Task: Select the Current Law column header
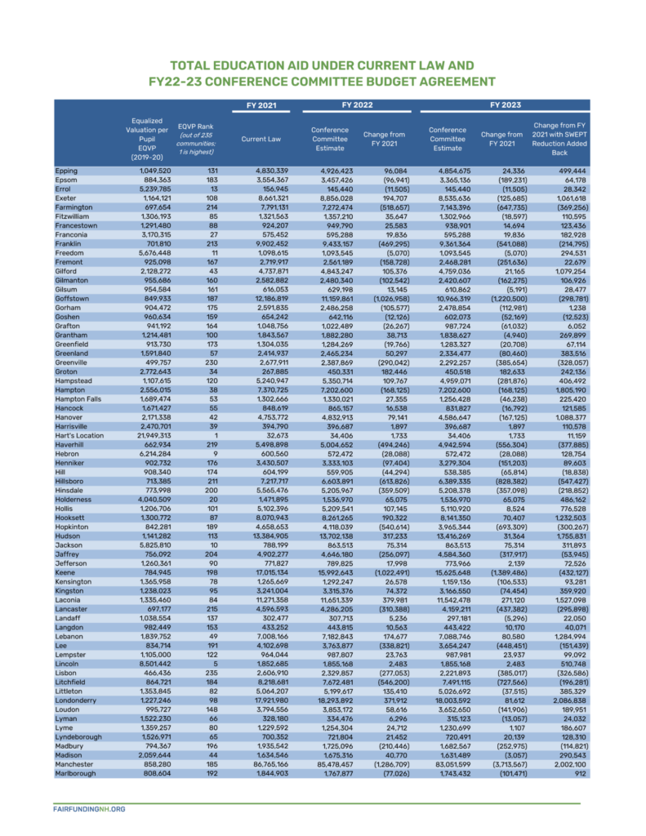pos(263,139)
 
